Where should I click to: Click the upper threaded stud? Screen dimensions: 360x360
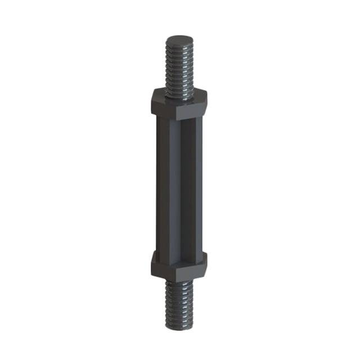point(179,65)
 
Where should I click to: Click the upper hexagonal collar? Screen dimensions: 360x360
point(179,105)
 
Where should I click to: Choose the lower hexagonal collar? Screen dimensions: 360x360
point(179,265)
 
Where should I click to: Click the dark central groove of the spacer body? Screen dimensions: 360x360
point(184,186)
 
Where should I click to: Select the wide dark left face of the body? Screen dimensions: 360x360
point(164,186)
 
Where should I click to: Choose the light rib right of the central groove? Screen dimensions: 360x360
point(192,186)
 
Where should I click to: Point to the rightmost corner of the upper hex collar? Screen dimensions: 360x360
point(208,101)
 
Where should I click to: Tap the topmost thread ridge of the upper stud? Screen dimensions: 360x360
point(179,46)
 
